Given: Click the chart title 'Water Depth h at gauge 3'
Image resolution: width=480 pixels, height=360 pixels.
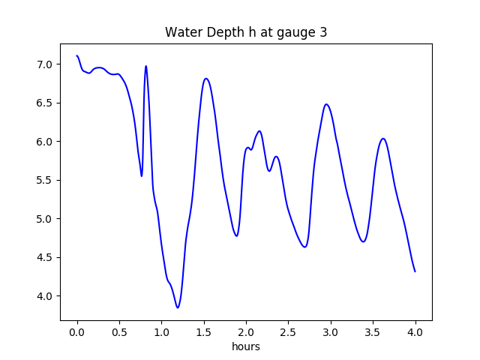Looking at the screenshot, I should (x=246, y=32).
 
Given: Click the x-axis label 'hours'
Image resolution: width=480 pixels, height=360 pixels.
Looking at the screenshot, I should (x=246, y=347).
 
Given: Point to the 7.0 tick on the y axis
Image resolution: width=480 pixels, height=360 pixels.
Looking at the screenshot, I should (x=45, y=64).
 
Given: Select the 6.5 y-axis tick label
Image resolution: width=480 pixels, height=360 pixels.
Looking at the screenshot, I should (x=45, y=103).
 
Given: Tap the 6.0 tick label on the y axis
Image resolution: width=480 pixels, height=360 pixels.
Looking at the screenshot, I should (x=45, y=142).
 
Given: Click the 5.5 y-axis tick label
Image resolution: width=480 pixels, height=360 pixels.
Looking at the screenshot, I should (x=45, y=180).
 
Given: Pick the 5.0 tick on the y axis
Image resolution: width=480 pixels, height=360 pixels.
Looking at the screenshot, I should (x=45, y=219).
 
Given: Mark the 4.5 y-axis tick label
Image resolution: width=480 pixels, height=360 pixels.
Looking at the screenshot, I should (x=45, y=257).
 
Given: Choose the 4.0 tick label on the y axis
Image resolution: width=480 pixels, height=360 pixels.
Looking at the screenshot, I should (x=45, y=296).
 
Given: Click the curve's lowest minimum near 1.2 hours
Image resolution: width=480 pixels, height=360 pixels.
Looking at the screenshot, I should (x=178, y=307).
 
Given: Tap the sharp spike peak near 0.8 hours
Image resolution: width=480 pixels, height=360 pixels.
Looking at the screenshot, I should (x=145, y=66).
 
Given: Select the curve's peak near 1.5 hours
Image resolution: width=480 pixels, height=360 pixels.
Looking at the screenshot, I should (x=205, y=79).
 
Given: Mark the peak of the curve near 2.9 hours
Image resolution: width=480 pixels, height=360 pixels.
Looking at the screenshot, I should (x=326, y=104).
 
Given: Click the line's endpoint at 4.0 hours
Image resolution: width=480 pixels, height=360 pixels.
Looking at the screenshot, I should (x=415, y=271).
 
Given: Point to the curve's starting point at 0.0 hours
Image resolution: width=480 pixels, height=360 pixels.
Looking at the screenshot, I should (x=77, y=56).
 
